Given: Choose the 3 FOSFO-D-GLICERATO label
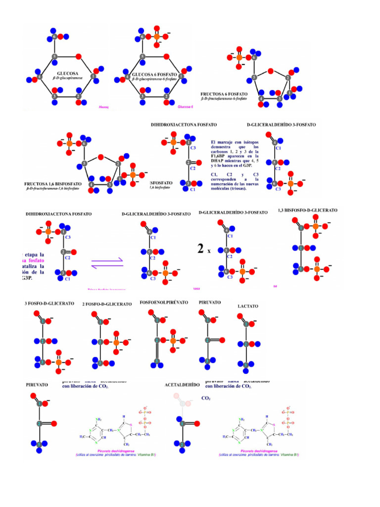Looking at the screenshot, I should pyautogui.click(x=49, y=303).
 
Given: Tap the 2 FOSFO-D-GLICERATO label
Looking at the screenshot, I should pyautogui.click(x=107, y=304).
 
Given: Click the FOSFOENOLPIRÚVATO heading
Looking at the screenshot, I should pyautogui.click(x=164, y=302).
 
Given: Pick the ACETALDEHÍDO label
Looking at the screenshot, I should pyautogui.click(x=182, y=384).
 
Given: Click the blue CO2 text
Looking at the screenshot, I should pyautogui.click(x=206, y=398).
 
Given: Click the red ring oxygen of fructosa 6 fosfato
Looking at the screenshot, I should pyautogui.click(x=271, y=70).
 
